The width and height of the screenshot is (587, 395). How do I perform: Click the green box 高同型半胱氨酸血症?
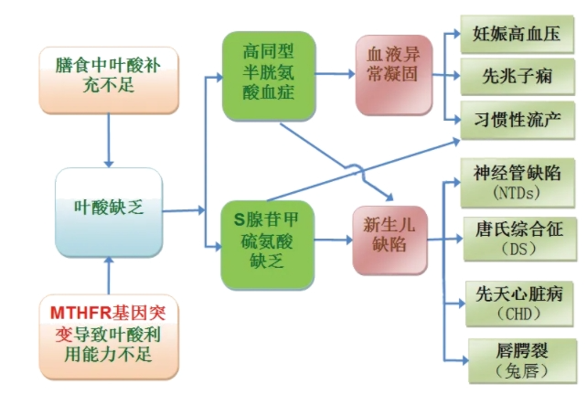click(x=267, y=76)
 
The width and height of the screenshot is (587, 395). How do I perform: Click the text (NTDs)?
click(x=518, y=192)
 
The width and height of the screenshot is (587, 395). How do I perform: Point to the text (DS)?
click(x=518, y=249)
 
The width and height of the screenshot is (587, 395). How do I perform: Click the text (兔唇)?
click(x=518, y=370)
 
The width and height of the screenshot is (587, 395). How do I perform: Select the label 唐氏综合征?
click(x=518, y=228)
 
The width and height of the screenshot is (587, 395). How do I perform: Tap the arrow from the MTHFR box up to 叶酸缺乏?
click(x=109, y=274)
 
